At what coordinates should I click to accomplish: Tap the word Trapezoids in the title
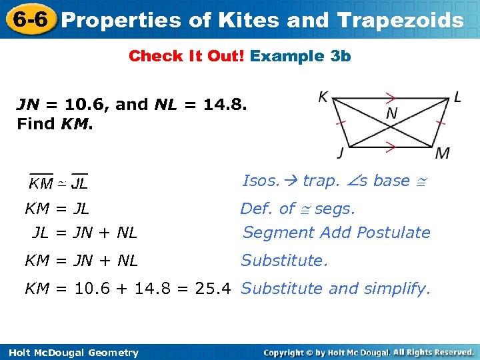(x=401, y=20)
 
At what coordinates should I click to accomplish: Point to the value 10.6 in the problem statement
(x=88, y=105)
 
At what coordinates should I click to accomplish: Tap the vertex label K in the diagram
(x=323, y=97)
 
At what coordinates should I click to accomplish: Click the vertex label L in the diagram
(x=457, y=97)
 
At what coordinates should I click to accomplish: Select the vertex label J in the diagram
(x=341, y=153)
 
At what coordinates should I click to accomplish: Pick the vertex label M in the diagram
(x=443, y=153)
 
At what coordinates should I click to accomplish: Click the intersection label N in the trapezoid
(x=391, y=113)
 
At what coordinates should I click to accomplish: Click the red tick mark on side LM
(x=440, y=123)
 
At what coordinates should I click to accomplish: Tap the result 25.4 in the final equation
(x=214, y=289)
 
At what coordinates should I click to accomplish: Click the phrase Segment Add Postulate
(x=336, y=233)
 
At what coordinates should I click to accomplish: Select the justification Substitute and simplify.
(x=336, y=289)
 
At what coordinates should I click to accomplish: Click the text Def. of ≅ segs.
(x=297, y=209)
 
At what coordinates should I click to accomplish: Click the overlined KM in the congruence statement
(x=41, y=182)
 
